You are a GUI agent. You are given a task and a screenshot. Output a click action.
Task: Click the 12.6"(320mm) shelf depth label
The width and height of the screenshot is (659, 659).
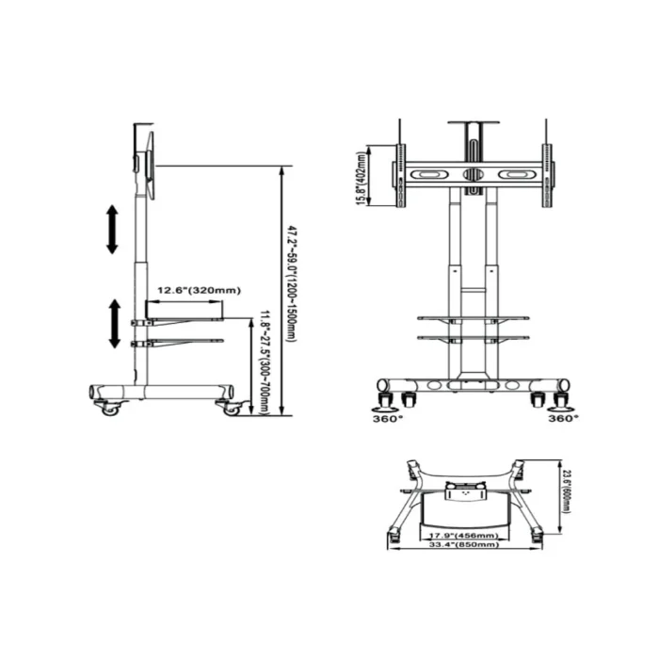tap(198, 289)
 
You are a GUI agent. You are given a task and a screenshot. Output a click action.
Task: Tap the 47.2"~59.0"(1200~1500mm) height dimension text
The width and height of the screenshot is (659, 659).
tap(293, 283)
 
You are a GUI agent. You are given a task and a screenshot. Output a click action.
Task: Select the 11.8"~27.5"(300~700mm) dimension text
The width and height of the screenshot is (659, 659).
tap(266, 362)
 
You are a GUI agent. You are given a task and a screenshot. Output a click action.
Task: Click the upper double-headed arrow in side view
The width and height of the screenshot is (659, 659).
tap(112, 229)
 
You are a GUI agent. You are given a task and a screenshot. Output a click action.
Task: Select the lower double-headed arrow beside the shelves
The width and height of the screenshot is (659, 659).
tap(115, 324)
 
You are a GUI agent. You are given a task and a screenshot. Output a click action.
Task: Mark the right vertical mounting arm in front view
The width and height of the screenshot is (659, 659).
tap(545, 175)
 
